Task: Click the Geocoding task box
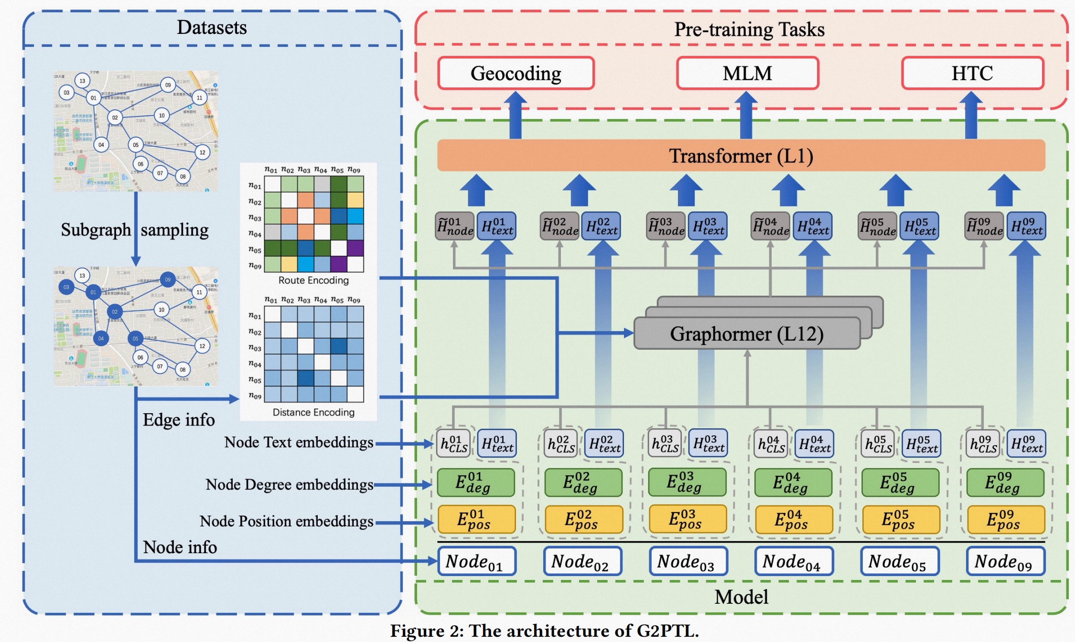coord(516,73)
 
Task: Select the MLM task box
coord(747,73)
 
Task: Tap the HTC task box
coord(972,73)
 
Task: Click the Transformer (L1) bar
coord(741,156)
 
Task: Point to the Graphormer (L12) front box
coord(746,333)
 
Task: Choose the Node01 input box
coord(476,561)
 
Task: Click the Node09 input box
coord(1005,561)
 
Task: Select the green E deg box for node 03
coord(687,482)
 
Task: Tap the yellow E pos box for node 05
coord(901,520)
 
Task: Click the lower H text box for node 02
coord(604,444)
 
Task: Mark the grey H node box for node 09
coord(984,226)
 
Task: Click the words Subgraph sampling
coord(134,230)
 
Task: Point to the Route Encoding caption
coord(313,280)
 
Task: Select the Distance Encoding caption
coord(313,412)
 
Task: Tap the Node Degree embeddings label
coord(289,484)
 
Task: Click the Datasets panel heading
coord(212,28)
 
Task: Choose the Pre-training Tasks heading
coord(749,30)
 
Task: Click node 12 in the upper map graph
coord(203,152)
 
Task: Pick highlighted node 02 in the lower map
coord(115,312)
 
